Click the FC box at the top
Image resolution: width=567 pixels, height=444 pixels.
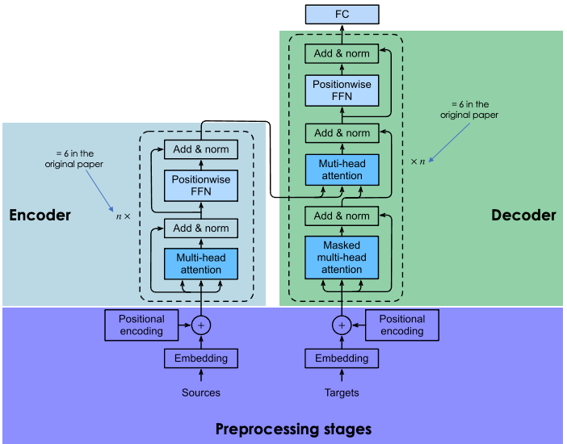[341, 14]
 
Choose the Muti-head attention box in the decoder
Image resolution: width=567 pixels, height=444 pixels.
[342, 170]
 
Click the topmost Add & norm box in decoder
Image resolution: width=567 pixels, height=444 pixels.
[342, 53]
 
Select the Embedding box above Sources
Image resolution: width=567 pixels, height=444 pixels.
[201, 358]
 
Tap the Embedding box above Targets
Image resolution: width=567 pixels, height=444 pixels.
[342, 358]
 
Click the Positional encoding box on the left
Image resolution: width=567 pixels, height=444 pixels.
[141, 325]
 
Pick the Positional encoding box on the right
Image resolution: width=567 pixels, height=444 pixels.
[402, 325]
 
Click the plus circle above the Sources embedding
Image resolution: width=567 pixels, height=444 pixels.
[201, 325]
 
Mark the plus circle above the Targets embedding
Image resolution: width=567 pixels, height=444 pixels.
[342, 325]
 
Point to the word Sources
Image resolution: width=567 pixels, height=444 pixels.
[201, 393]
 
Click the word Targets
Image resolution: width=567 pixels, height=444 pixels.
[342, 393]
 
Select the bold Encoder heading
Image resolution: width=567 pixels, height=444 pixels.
[40, 216]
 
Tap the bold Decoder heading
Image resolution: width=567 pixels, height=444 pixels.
[523, 216]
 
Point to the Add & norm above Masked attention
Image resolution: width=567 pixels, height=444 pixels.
[342, 216]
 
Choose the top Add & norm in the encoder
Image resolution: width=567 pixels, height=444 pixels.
[201, 149]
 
